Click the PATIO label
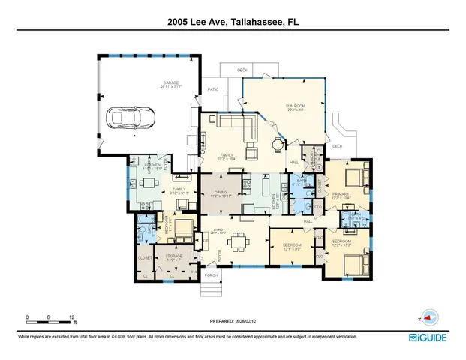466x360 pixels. tap(212, 89)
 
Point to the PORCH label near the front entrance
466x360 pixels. tap(211, 275)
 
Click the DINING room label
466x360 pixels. tap(221, 193)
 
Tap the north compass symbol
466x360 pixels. tap(426, 318)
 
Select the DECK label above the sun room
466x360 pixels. tap(242, 70)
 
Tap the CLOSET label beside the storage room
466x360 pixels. tap(145, 257)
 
